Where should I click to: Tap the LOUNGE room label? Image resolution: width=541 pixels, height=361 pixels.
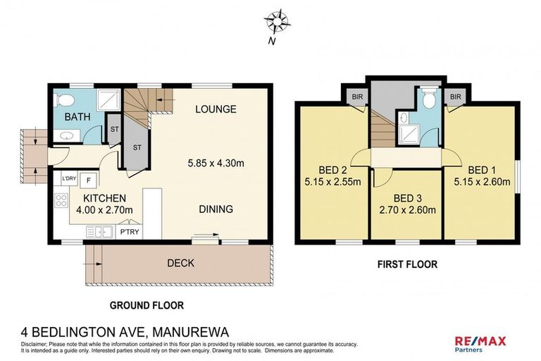(216, 109)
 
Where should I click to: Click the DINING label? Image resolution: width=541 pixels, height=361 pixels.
(215, 209)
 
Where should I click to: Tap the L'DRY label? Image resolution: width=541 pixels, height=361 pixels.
(70, 179)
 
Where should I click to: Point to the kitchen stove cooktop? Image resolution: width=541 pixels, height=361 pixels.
(60, 204)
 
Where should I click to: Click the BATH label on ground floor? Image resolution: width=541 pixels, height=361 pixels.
(76, 117)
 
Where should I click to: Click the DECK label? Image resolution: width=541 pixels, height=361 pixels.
(180, 263)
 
